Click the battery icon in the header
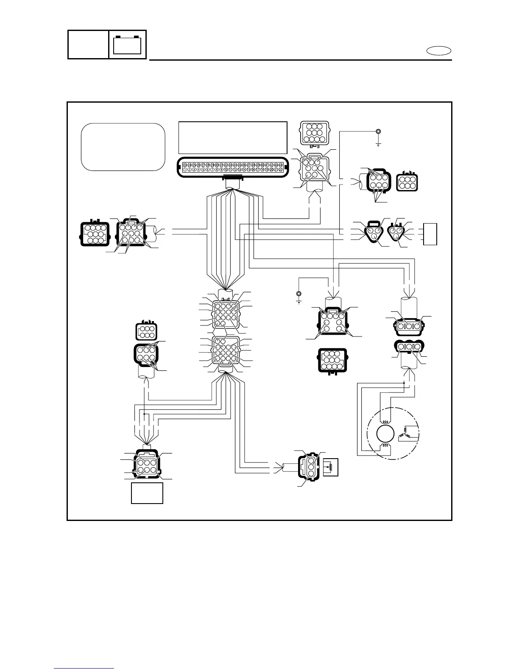click(128, 45)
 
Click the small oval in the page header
click(439, 51)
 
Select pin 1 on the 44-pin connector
click(185, 170)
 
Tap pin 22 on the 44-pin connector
click(281, 170)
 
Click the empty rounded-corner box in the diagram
click(123, 147)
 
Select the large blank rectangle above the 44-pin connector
click(233, 138)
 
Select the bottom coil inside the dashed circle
click(385, 446)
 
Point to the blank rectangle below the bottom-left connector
click(147, 493)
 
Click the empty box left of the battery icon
click(88, 45)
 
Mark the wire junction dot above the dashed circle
click(404, 383)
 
